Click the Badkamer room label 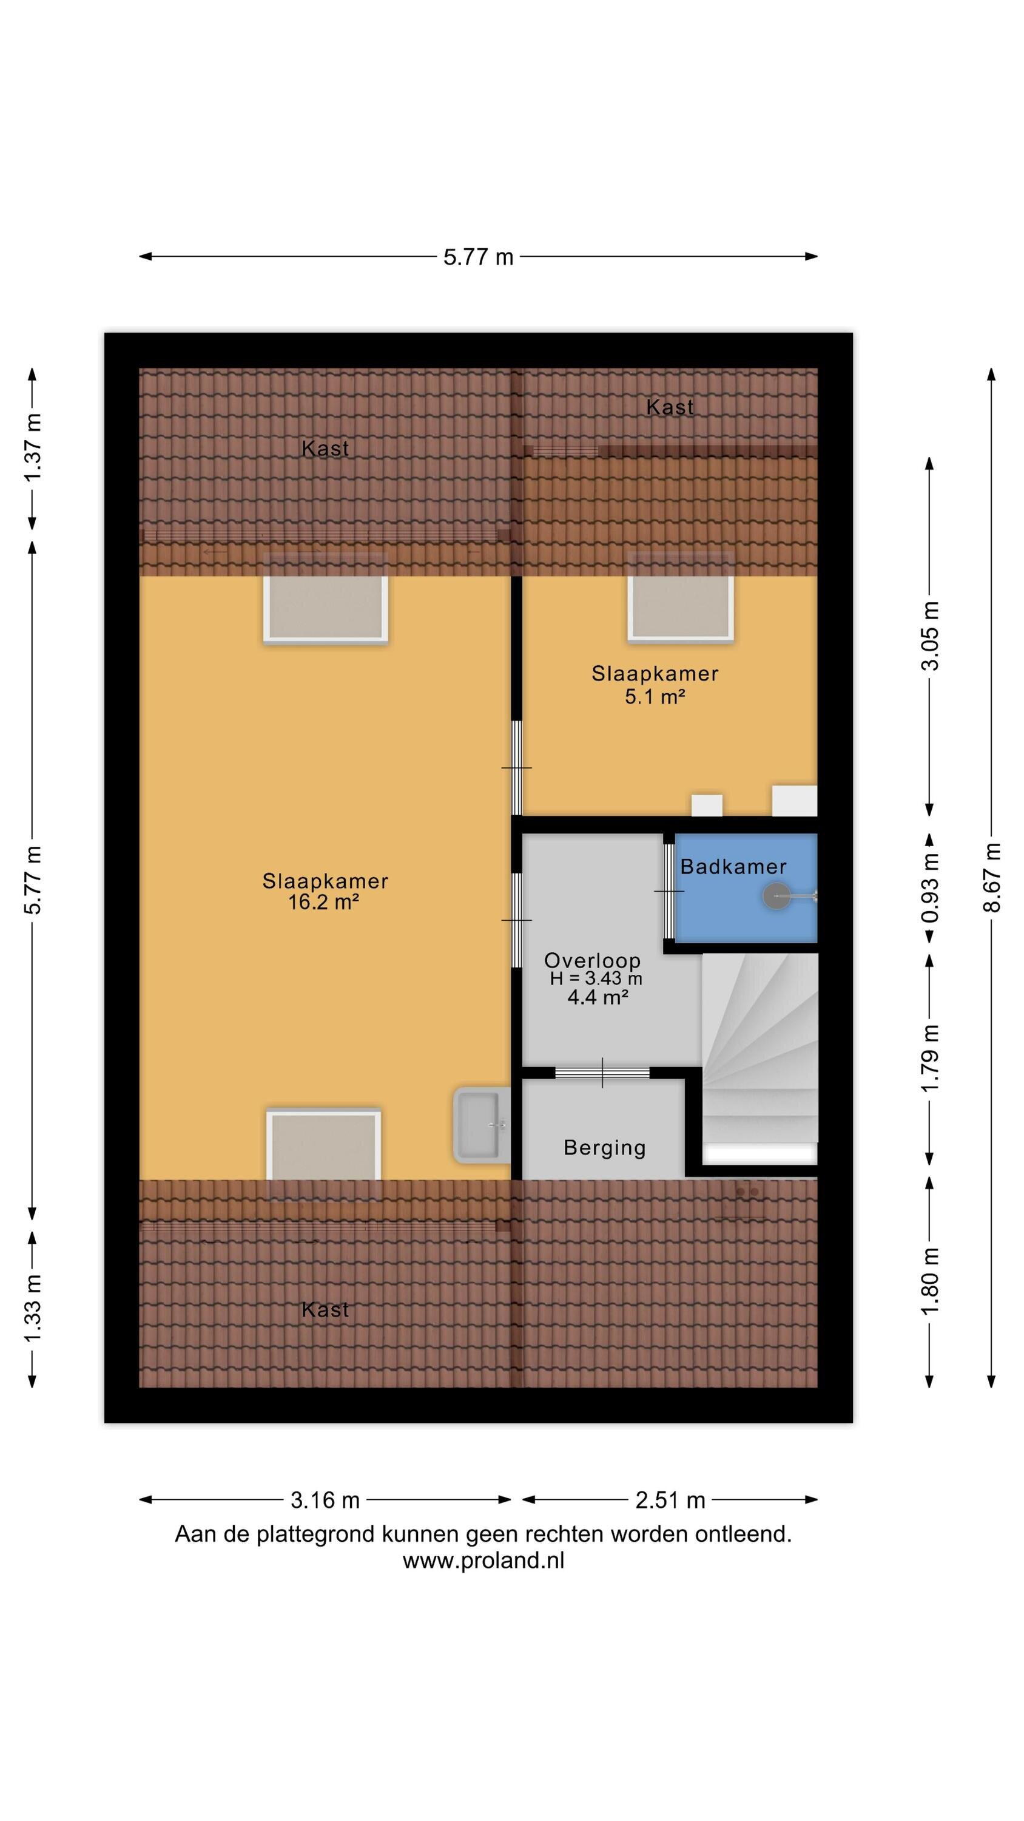coord(733,867)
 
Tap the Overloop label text coord(592,960)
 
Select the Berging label coord(605,1148)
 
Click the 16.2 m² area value coord(324,902)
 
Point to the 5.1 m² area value coord(655,696)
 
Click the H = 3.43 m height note coord(596,978)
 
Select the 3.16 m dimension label coord(325,1499)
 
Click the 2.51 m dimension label coord(670,1499)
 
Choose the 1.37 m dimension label coord(33,447)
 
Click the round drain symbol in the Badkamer coord(776,897)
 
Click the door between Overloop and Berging coord(602,1073)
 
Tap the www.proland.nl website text coord(483,1560)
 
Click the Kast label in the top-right coord(670,407)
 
